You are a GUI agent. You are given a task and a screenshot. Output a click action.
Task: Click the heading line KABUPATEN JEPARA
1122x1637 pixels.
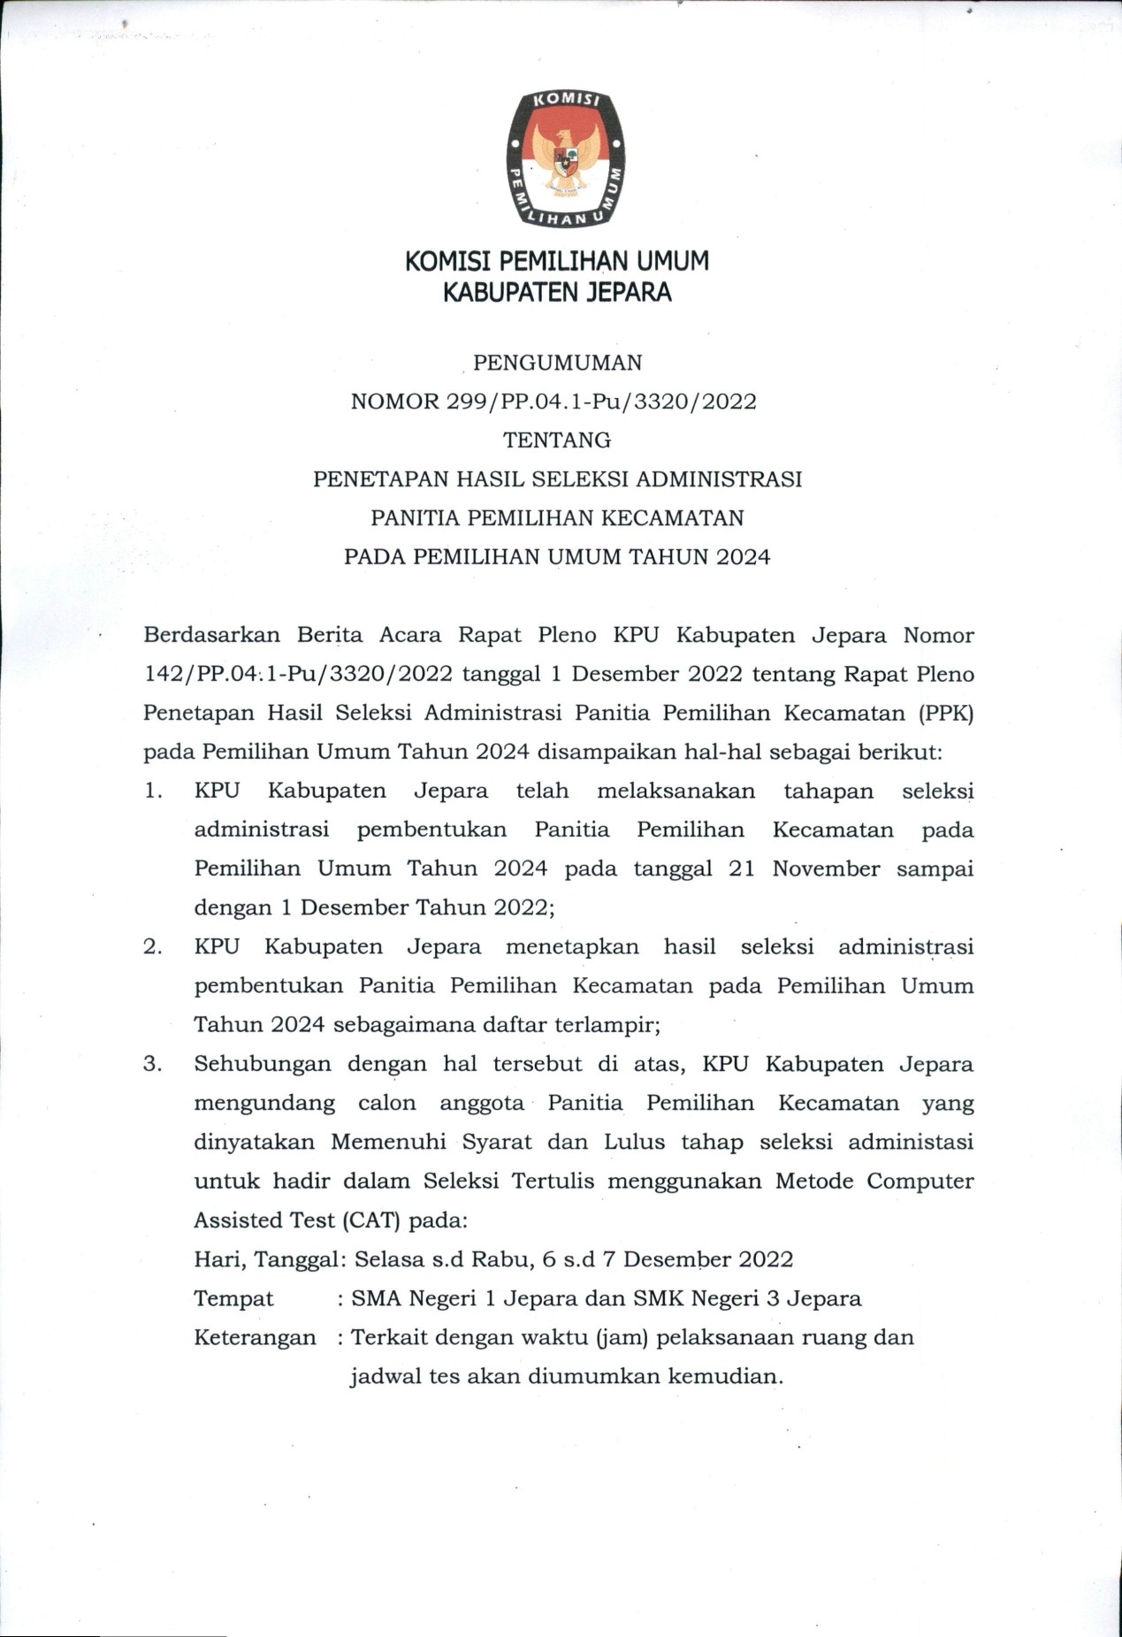point(557,292)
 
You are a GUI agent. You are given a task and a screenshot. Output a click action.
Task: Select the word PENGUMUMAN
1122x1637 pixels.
point(558,363)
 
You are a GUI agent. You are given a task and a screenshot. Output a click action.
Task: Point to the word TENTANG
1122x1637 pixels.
point(557,440)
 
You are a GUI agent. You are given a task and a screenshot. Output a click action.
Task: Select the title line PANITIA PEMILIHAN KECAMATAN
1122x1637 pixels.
point(557,518)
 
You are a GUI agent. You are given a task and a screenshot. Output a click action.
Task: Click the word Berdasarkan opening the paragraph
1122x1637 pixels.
point(211,635)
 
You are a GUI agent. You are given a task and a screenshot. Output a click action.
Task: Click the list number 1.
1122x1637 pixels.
point(153,791)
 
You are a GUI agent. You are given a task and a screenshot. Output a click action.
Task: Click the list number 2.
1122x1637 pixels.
point(153,947)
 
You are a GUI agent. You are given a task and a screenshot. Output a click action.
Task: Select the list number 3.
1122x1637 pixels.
point(153,1064)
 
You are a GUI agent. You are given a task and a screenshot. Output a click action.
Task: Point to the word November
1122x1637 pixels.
point(826,868)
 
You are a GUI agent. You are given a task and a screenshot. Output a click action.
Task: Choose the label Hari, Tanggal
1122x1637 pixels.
point(266,1259)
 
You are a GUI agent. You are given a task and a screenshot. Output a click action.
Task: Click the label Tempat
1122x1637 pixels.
point(233,1298)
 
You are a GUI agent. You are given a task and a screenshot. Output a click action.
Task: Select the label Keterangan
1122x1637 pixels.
point(255,1337)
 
